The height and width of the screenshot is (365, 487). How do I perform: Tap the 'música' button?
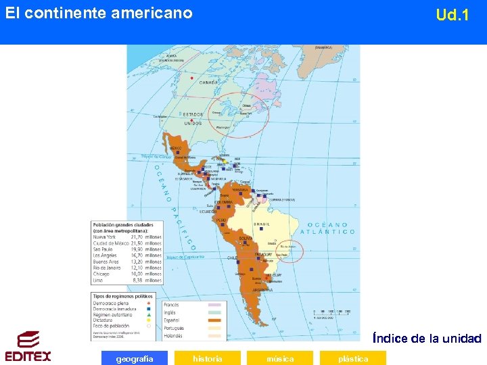click(280, 358)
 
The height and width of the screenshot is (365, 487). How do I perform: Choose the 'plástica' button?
click(353, 358)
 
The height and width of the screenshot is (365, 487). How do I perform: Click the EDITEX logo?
click(28, 347)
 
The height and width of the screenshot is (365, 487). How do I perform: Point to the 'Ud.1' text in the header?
click(452, 15)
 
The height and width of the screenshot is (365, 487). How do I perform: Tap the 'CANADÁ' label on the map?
click(208, 82)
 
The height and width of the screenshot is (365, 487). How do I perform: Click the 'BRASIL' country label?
click(261, 224)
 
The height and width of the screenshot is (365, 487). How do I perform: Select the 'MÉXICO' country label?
click(175, 148)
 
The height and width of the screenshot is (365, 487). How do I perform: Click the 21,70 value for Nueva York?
click(137, 237)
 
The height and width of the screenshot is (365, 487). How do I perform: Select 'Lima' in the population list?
click(99, 279)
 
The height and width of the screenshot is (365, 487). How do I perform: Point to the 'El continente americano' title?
click(99, 13)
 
